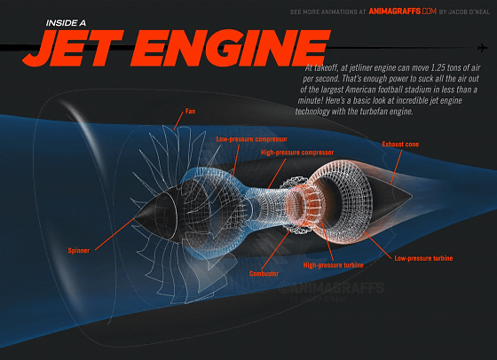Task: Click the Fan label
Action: tap(190, 111)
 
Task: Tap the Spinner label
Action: tap(79, 250)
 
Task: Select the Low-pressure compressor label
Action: tap(252, 139)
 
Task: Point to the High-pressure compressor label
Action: tap(297, 153)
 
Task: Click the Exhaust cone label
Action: tap(400, 145)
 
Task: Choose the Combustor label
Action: tap(264, 274)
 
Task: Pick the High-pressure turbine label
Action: tap(333, 265)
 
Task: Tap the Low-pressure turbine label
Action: tap(423, 258)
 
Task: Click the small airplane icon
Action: tap(482, 48)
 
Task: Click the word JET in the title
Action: tap(73, 48)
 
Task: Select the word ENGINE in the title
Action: tap(231, 48)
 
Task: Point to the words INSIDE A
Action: tap(66, 23)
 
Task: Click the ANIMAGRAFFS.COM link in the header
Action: tap(403, 12)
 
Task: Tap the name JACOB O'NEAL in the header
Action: tap(469, 12)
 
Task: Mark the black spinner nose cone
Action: tap(156, 213)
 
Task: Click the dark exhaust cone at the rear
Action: tap(392, 196)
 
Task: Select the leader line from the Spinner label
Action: tap(115, 233)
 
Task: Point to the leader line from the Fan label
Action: tap(178, 121)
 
